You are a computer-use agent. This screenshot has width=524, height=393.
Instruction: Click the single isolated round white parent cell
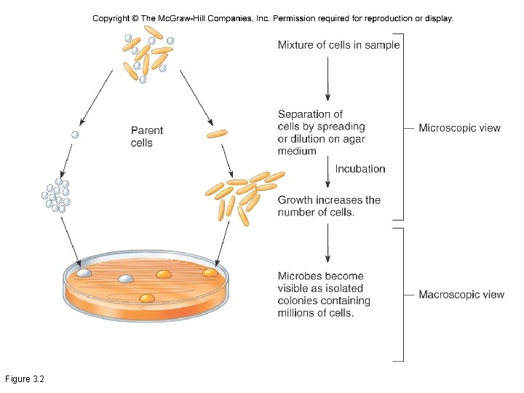(x=74, y=135)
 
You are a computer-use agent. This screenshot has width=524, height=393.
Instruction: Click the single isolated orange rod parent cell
(x=217, y=133)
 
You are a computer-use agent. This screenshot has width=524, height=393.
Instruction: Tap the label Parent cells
(x=147, y=137)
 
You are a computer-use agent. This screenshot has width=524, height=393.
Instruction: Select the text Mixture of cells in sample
(x=338, y=45)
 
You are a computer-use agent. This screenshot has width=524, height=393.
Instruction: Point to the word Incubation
(x=360, y=169)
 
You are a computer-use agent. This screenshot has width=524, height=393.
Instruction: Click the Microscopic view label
(x=459, y=128)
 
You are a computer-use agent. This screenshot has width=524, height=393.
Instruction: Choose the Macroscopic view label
(x=461, y=295)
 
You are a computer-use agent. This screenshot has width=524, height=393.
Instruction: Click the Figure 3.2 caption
(x=25, y=379)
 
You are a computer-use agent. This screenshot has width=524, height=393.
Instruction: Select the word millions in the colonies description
(x=298, y=313)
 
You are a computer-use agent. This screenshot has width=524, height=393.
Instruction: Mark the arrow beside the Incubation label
(x=328, y=175)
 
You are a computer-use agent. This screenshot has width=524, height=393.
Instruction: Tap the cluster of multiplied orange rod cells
(x=241, y=194)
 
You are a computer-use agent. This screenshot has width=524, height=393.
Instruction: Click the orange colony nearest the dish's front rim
(x=147, y=298)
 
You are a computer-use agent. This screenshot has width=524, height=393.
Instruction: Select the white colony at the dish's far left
(x=84, y=272)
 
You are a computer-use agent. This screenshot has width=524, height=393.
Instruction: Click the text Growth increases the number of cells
(x=328, y=206)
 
